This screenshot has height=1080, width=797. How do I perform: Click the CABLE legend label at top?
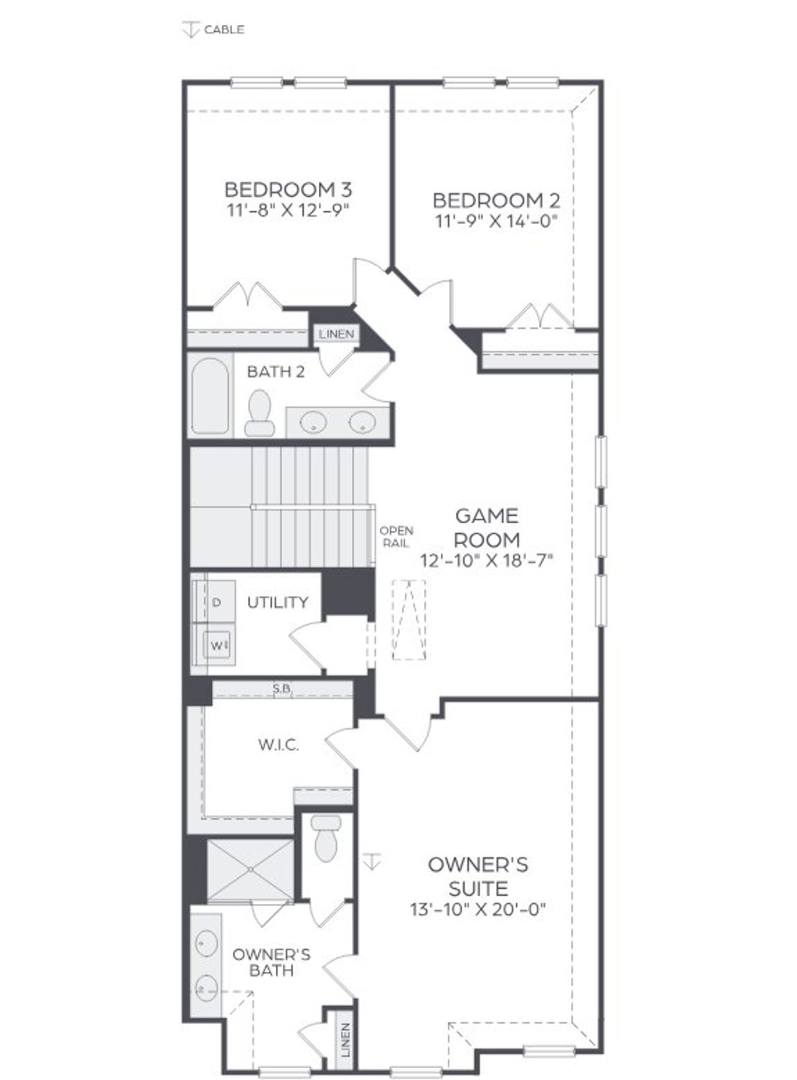tap(224, 29)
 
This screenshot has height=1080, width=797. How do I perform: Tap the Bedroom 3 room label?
tap(288, 189)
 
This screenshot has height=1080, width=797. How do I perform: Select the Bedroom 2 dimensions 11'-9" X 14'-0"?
tap(496, 220)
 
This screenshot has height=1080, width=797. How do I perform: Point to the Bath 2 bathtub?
tap(210, 396)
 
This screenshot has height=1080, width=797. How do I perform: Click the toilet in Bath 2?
tap(259, 413)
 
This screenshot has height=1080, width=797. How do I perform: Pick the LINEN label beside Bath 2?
tap(336, 334)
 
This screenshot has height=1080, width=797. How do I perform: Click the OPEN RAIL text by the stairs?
tap(397, 537)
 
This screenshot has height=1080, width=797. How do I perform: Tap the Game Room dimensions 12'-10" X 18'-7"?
tap(487, 561)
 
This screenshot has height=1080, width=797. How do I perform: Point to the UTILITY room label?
tap(278, 602)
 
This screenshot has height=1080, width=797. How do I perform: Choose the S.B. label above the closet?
tap(282, 688)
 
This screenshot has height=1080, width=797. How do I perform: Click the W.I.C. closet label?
tap(278, 744)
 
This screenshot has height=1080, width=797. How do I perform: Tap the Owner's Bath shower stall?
tap(250, 869)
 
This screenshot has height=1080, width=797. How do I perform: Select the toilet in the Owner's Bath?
tap(325, 838)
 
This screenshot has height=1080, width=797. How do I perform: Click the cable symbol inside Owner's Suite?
tap(372, 861)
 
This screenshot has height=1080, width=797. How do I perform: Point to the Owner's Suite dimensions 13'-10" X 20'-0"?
tap(478, 909)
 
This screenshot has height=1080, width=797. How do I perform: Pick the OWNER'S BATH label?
tap(271, 962)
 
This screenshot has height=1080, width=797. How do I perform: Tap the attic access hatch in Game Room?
tap(409, 620)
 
